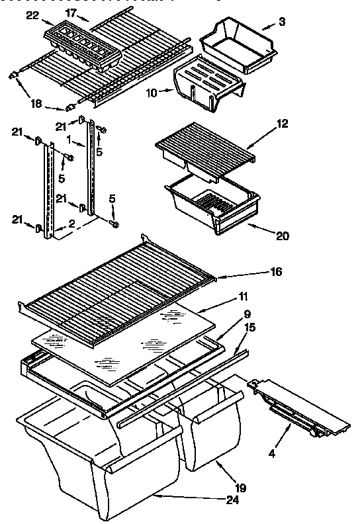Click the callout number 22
[x=28, y=15]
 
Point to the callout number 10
[x=152, y=93]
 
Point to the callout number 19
[x=241, y=488]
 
